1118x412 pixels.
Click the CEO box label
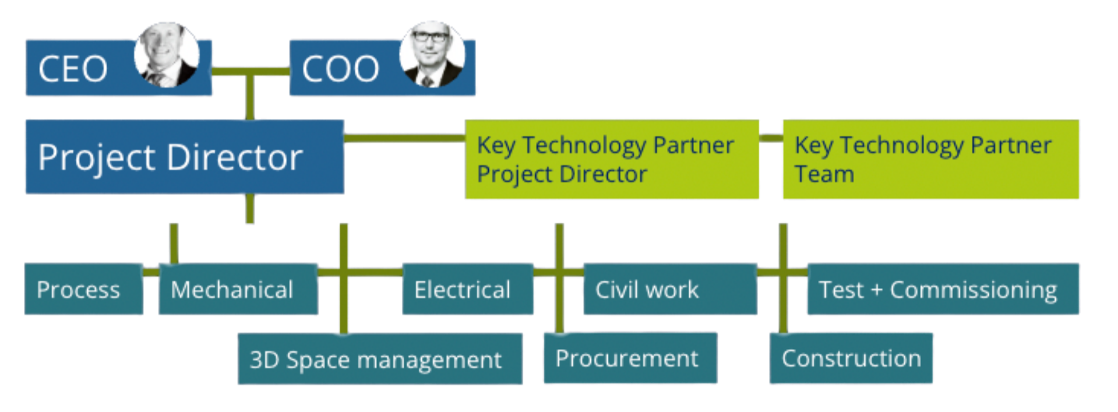tap(73, 69)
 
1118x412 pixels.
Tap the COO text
tap(340, 69)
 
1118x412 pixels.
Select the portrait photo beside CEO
tap(167, 55)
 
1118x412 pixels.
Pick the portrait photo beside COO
tap(432, 55)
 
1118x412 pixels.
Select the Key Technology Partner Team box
tap(930, 159)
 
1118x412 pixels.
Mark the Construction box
tap(851, 358)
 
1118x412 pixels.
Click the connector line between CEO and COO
tap(251, 72)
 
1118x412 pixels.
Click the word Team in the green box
tap(824, 174)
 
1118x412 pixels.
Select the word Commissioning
tap(973, 290)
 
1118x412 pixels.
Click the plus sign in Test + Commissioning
tap(876, 290)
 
